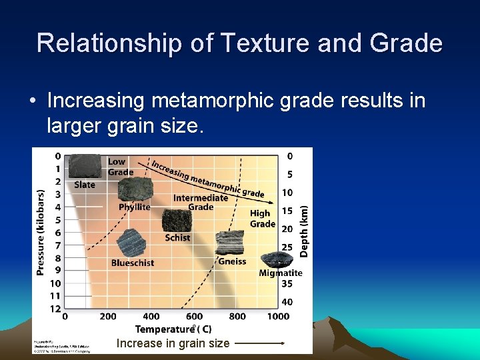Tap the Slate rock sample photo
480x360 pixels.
85,167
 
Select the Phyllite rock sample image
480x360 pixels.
135,189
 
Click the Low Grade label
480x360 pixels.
120,167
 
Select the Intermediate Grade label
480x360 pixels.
201,202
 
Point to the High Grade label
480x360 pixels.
262,219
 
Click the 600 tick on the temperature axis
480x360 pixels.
194,317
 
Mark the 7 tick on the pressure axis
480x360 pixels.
57,245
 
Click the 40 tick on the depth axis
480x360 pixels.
287,302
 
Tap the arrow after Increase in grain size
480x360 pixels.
260,343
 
